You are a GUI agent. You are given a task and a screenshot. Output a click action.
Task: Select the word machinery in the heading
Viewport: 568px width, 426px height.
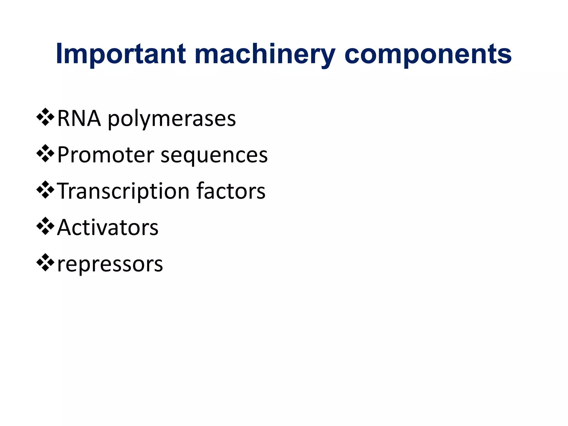click(x=265, y=55)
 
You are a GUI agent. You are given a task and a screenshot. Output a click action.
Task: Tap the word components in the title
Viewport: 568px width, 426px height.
click(x=428, y=55)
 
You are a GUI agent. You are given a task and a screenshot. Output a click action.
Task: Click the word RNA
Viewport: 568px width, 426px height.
click(x=79, y=118)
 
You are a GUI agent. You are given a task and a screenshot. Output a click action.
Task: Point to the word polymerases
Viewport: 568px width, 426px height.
click(x=172, y=120)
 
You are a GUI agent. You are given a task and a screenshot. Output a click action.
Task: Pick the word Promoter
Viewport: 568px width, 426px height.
click(x=106, y=155)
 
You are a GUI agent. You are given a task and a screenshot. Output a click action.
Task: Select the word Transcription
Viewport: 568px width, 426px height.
click(x=123, y=191)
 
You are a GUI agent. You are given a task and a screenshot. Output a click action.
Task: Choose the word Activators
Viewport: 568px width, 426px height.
click(x=108, y=227)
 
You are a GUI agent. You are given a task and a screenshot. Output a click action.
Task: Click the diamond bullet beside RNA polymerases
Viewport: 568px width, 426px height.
click(x=45, y=117)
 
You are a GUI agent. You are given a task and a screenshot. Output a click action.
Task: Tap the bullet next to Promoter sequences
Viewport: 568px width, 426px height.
click(x=45, y=154)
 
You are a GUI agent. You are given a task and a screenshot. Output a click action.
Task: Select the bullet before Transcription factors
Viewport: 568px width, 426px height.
click(x=45, y=190)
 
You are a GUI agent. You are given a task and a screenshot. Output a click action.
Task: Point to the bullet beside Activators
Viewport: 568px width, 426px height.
click(x=45, y=226)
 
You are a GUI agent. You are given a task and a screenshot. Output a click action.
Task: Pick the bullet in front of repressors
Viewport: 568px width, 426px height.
click(x=45, y=263)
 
